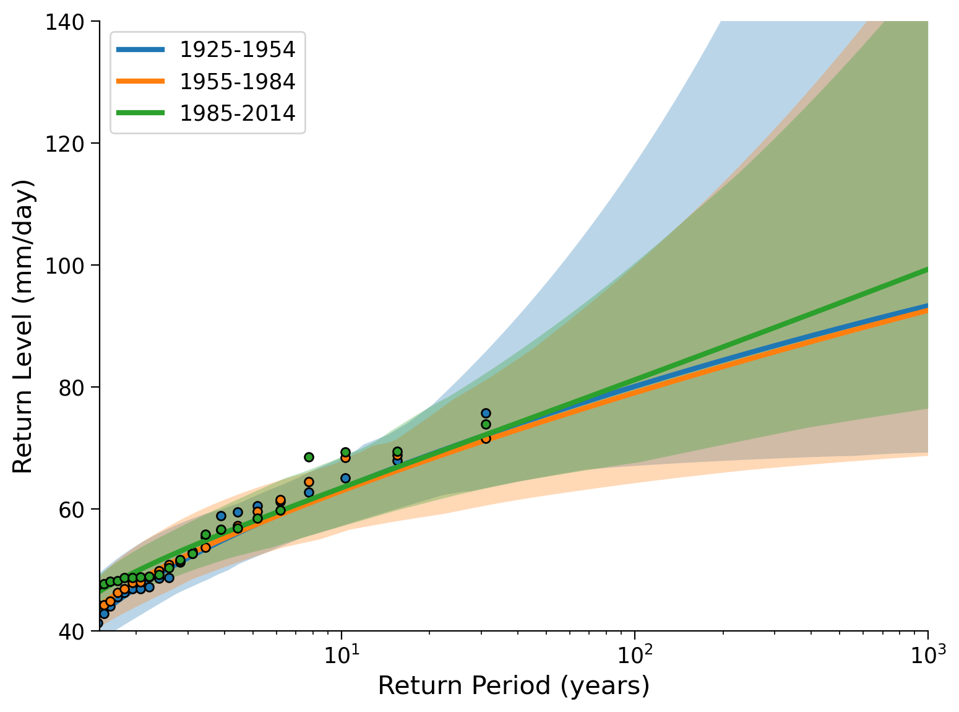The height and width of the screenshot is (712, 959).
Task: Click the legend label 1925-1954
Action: coord(238,50)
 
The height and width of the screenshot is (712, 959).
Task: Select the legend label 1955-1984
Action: coord(238,81)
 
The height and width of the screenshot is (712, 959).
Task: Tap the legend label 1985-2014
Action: coord(238,113)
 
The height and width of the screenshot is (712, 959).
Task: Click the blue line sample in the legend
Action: coord(140,50)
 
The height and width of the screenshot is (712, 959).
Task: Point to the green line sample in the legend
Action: coord(140,113)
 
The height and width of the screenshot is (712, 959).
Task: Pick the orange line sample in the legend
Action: coord(140,81)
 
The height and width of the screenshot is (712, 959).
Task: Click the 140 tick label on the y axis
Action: coord(64,22)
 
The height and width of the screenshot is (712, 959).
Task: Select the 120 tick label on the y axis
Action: coord(64,144)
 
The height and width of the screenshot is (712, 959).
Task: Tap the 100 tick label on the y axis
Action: coord(64,266)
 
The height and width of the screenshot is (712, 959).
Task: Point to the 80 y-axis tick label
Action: coord(71,388)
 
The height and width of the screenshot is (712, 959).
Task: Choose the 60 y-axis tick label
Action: coord(71,510)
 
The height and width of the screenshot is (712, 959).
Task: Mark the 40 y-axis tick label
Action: coord(71,632)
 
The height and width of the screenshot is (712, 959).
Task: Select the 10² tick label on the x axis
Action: coord(634,654)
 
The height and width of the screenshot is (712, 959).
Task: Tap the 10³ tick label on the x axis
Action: coord(928,654)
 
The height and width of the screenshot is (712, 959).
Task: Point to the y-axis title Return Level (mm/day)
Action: coord(22,327)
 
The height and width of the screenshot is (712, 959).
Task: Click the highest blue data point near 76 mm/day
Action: coord(486,414)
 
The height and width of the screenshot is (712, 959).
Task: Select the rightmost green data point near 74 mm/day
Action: coord(486,424)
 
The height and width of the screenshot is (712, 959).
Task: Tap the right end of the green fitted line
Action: coord(927,270)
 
